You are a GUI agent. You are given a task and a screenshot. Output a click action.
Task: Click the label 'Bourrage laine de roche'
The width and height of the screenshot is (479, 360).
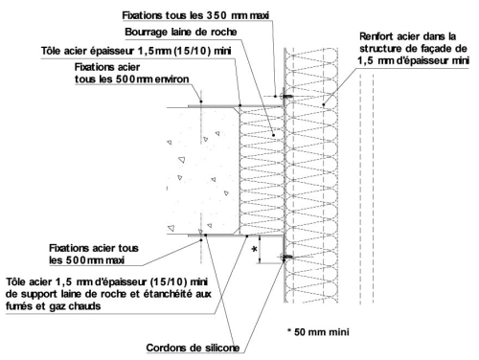click(x=181, y=32)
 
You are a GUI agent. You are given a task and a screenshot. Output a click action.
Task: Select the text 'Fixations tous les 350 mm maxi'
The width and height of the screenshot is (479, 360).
click(x=195, y=15)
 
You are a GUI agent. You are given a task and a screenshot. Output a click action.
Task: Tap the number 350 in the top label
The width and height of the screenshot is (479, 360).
click(x=217, y=15)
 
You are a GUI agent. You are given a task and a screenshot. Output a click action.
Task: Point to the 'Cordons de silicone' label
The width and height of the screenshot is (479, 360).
click(x=193, y=348)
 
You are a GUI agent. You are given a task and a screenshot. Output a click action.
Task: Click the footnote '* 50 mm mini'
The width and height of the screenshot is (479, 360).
click(x=318, y=332)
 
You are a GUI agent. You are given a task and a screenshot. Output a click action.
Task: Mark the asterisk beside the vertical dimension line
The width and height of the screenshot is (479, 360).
click(x=254, y=249)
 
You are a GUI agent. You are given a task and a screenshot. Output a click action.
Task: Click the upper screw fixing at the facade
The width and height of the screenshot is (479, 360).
click(x=286, y=96)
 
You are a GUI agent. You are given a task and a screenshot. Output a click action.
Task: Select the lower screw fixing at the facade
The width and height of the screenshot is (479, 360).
click(x=286, y=257)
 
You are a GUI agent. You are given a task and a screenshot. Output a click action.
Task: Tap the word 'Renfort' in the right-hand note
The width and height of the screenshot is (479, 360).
click(x=374, y=36)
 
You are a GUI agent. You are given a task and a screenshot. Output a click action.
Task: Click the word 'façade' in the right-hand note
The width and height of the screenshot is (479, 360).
click(x=439, y=49)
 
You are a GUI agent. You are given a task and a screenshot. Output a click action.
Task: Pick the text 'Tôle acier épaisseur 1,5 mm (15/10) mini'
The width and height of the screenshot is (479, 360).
click(x=136, y=51)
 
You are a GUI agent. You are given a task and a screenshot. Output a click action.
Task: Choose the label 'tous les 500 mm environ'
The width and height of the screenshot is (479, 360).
click(x=132, y=79)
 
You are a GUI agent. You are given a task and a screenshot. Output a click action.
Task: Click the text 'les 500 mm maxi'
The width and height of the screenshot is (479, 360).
click(x=86, y=260)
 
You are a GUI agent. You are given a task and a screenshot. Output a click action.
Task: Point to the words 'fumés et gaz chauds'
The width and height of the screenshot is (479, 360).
click(x=53, y=306)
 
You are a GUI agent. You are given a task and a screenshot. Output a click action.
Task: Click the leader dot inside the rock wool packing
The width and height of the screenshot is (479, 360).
click(x=273, y=135)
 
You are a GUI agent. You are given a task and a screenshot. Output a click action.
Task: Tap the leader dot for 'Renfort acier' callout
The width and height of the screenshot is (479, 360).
click(x=324, y=104)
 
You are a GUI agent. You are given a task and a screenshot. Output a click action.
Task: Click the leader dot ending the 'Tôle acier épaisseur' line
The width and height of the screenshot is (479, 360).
click(x=240, y=105)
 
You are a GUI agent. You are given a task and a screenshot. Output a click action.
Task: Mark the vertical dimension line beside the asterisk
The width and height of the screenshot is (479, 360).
click(x=260, y=250)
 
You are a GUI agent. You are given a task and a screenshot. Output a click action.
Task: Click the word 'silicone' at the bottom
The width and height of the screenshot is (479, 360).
click(x=222, y=348)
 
